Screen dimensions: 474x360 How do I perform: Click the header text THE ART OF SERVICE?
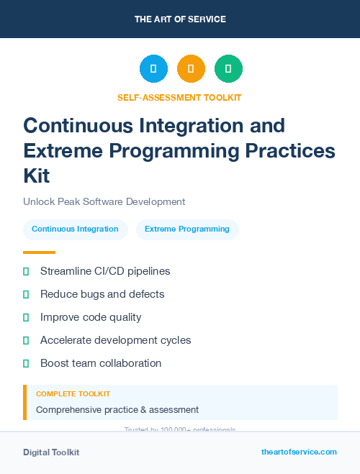point(180,19)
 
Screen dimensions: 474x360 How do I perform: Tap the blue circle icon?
point(153,69)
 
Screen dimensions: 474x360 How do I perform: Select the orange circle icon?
point(191,69)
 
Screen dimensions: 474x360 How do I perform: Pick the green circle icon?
point(228,69)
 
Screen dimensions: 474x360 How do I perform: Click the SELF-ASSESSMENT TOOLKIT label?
point(179,97)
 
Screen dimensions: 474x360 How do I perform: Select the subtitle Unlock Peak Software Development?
point(104,202)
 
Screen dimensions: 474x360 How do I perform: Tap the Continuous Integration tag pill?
point(75,229)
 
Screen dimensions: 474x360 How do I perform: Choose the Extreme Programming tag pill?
point(187,229)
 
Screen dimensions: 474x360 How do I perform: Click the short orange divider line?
point(39,252)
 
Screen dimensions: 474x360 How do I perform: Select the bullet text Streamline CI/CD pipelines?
point(105,271)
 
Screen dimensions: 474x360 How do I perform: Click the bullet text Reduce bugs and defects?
point(102,294)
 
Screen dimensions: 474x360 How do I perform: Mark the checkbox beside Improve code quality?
point(26,317)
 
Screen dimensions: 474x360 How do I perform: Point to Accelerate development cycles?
point(115,340)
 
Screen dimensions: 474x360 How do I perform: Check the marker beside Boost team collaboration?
point(26,363)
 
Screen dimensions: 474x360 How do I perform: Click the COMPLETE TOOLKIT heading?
point(73,394)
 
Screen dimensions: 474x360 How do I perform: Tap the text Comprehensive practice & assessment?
point(117,410)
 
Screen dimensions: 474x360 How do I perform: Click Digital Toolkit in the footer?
point(51,452)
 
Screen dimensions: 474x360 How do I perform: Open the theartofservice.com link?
point(299,452)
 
